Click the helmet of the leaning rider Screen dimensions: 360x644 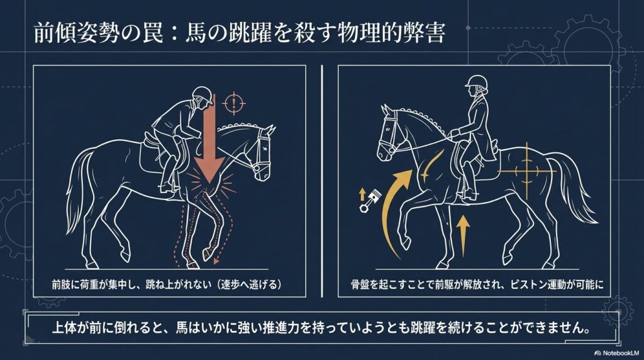[x=201, y=94]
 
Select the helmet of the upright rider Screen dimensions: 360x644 [x=475, y=81]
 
